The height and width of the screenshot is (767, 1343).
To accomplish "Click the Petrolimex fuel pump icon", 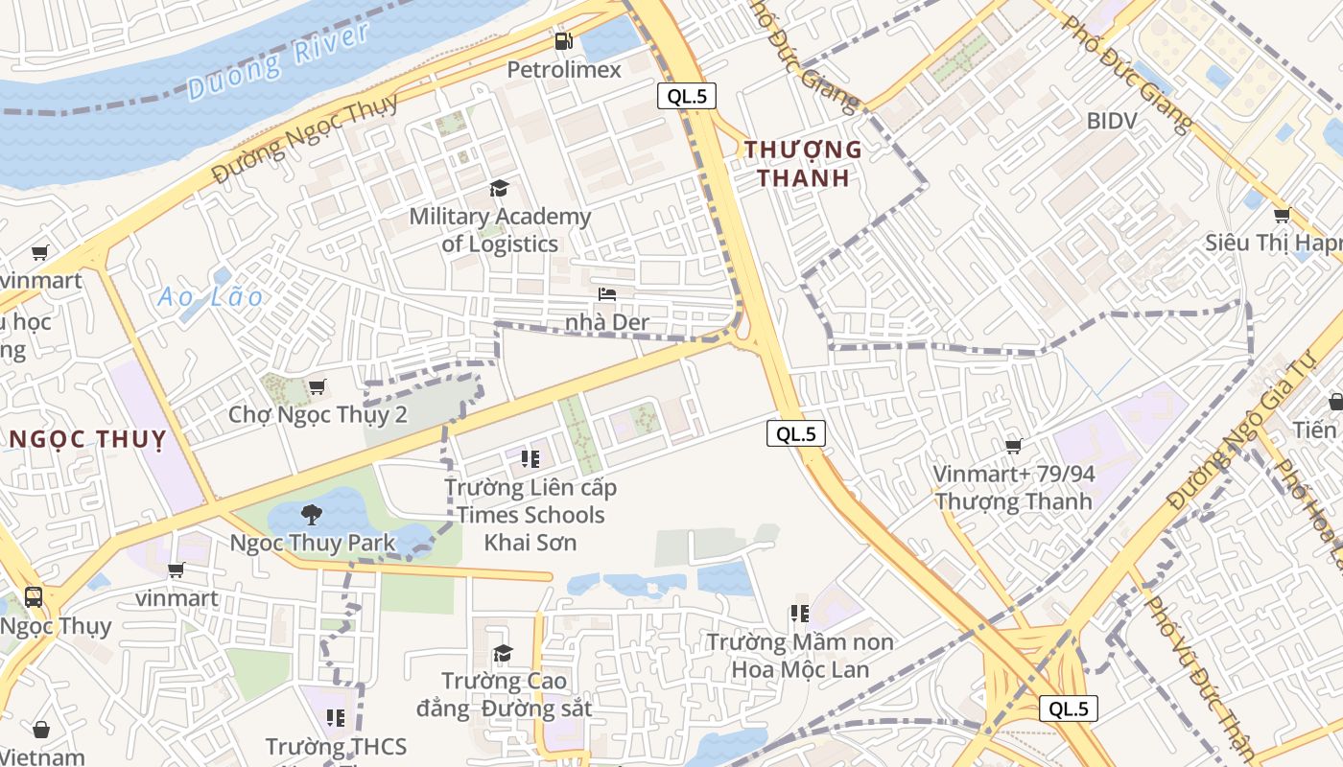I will point(564,41).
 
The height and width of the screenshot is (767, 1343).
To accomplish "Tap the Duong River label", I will point(278,61).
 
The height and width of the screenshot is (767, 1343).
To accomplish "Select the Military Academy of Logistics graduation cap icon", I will point(499,188).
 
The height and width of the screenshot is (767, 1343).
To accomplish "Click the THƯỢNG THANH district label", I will point(803,163).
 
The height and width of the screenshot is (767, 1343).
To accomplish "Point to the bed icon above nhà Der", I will point(606,293).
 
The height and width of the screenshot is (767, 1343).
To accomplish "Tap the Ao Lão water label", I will point(210,297).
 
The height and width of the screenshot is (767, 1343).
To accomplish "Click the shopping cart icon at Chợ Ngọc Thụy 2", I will point(317,386).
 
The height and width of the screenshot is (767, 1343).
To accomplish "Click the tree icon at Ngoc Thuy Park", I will point(311,515).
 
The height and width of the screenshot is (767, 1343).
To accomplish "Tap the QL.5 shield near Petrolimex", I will point(687,96).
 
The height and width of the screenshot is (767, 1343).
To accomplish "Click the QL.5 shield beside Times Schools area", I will point(796,433).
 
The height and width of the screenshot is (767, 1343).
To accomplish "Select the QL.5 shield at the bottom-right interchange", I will point(1069,709).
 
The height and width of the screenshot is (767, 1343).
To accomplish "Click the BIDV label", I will point(1112,121).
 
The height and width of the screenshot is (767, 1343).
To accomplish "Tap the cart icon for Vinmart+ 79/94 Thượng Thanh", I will point(1013,446).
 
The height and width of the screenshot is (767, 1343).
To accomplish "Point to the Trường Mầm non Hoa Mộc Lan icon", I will point(799,613).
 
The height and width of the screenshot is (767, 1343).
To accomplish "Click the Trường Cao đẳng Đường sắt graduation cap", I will point(503,654).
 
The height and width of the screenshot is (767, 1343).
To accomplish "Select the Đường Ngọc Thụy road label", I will point(305,139).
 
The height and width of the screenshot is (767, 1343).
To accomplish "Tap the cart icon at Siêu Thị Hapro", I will point(1282,215).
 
